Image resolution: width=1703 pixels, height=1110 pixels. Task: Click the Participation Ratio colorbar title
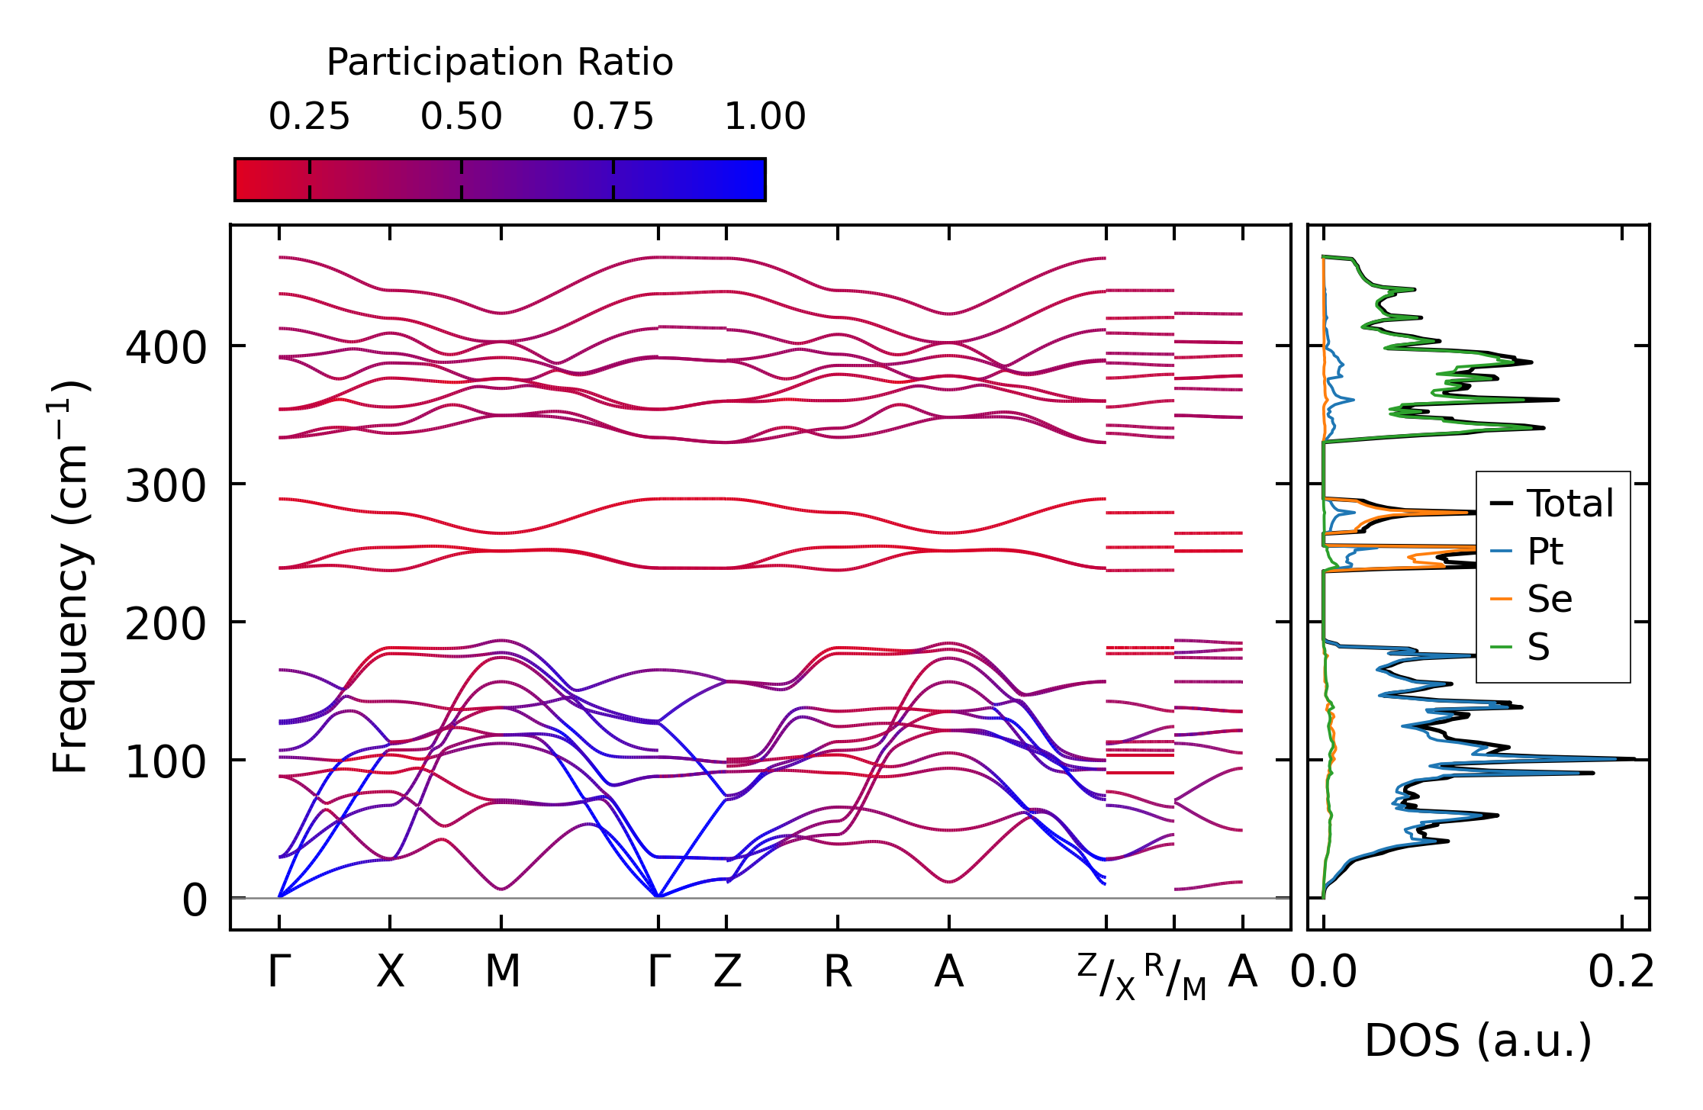pos(500,63)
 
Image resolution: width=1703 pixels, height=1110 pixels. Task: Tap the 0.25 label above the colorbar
pos(309,117)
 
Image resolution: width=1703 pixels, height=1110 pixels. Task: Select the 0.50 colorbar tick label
pos(461,117)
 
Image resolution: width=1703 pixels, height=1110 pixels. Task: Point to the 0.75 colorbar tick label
pos(613,117)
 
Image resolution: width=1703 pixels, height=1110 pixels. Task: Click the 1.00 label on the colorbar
pos(765,117)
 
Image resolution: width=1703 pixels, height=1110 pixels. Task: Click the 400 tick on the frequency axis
pos(166,348)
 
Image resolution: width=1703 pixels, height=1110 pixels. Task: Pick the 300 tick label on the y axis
pos(166,486)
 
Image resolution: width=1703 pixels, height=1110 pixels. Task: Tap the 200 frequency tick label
pos(166,624)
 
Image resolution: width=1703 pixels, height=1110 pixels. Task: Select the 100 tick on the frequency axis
pos(166,762)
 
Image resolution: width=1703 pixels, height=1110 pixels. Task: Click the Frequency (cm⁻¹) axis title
pos(70,577)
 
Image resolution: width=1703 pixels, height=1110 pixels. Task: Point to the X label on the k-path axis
pos(390,972)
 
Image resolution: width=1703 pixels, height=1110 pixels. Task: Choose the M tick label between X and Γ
pos(502,972)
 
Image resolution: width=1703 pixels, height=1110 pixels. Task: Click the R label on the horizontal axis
pos(837,972)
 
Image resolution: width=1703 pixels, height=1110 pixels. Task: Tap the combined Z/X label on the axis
pos(1106,976)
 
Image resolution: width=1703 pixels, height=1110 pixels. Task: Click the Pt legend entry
pos(1544,552)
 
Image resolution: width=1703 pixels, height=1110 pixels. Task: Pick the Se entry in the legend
pos(1549,599)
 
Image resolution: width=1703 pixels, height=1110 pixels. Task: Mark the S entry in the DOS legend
pos(1538,647)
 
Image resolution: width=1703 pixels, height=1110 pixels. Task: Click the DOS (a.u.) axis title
pos(1478,1041)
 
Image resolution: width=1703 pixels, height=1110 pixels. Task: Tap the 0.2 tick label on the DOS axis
pos(1621,973)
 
